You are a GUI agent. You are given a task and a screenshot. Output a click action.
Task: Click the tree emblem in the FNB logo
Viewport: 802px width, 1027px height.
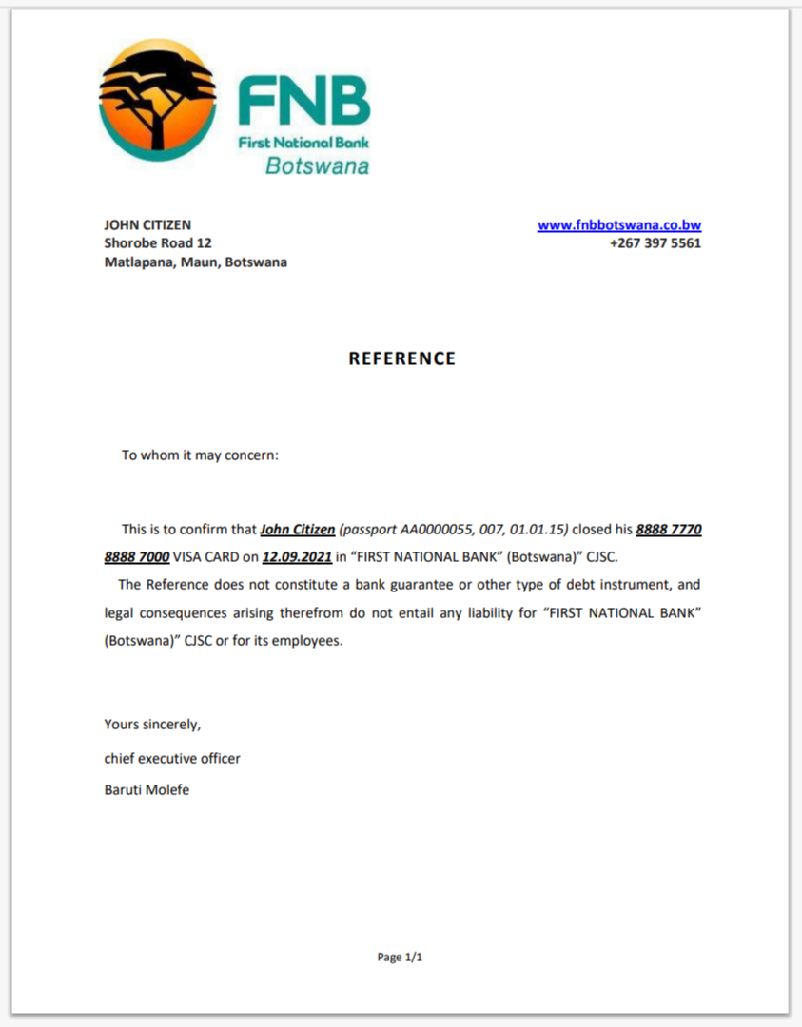click(x=157, y=99)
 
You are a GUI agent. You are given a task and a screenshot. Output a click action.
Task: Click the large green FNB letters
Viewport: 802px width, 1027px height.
click(x=303, y=102)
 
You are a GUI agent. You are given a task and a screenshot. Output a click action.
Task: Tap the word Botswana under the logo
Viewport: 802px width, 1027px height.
click(x=317, y=166)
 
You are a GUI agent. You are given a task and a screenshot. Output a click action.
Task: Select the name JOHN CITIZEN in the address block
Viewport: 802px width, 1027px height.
click(x=147, y=225)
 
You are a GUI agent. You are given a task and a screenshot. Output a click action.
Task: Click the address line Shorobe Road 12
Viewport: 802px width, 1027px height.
click(x=158, y=243)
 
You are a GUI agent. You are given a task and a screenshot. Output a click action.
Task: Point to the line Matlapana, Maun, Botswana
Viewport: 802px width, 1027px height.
click(x=195, y=262)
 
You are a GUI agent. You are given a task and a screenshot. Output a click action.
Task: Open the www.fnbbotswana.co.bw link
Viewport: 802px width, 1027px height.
click(x=619, y=225)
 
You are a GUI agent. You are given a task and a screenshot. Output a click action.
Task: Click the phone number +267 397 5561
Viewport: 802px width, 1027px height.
click(x=655, y=243)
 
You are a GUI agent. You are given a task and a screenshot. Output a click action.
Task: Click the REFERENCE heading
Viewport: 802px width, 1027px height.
click(x=401, y=358)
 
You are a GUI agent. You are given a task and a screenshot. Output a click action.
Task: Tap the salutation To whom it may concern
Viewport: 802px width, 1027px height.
click(x=200, y=455)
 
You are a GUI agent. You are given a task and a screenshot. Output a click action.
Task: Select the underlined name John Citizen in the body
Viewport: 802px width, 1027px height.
click(x=297, y=529)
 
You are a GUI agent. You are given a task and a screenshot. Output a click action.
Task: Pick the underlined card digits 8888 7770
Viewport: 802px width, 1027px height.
click(x=669, y=529)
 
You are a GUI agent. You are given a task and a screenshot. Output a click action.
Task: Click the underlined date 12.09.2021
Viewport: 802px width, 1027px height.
click(x=296, y=556)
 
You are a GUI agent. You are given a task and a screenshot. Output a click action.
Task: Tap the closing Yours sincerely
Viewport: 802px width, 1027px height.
click(x=152, y=725)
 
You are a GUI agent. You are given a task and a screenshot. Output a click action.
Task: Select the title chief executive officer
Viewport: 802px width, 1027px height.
click(x=172, y=759)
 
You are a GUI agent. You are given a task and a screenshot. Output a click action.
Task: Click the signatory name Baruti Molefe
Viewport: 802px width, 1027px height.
click(x=147, y=789)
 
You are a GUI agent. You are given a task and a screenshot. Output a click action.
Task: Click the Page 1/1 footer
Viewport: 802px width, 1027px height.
click(x=400, y=958)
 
